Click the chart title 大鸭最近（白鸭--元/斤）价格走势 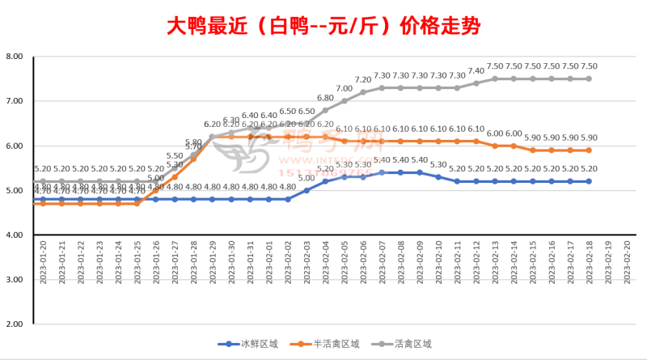point(323,26)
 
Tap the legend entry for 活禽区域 point(412,344)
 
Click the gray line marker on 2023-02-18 point(589,78)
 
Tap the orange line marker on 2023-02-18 point(589,150)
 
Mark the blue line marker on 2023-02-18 point(589,181)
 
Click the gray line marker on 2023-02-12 point(476,83)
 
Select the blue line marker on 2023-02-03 point(307,190)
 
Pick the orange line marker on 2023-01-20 point(42,204)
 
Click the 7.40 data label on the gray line point(476,71)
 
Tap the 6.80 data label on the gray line point(325,98)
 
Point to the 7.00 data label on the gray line point(344,89)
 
